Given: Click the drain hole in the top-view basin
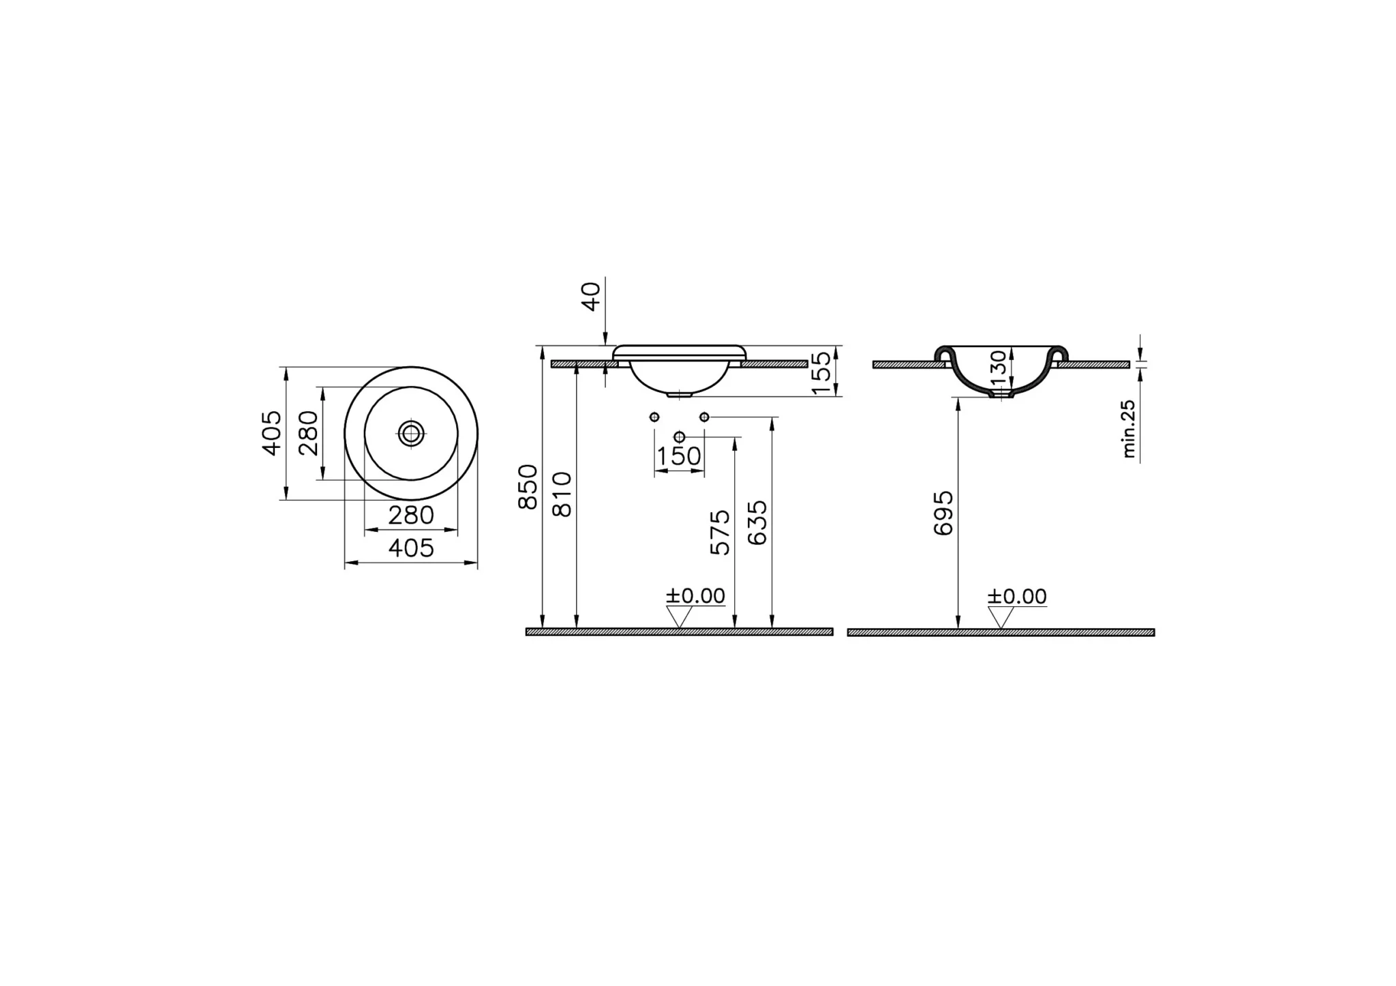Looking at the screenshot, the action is click(411, 433).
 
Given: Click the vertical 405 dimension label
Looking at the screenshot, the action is click(271, 432).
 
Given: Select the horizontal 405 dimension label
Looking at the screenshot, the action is click(411, 548).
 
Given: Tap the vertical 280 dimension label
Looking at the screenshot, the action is click(307, 432).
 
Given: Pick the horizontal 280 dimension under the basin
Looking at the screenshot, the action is click(411, 515).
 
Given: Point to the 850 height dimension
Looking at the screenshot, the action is click(528, 487).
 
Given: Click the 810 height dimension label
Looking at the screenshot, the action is click(562, 494).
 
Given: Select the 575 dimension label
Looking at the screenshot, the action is click(720, 533).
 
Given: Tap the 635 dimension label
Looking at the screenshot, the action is click(757, 523).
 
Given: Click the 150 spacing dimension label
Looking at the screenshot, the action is click(679, 456).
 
